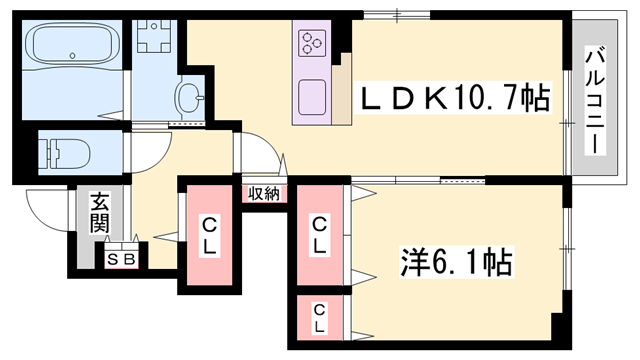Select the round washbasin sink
click(x=187, y=97)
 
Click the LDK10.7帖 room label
click(x=454, y=98)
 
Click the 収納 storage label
click(x=264, y=193)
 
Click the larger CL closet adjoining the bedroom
click(x=319, y=235)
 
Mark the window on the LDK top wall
click(x=395, y=14)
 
